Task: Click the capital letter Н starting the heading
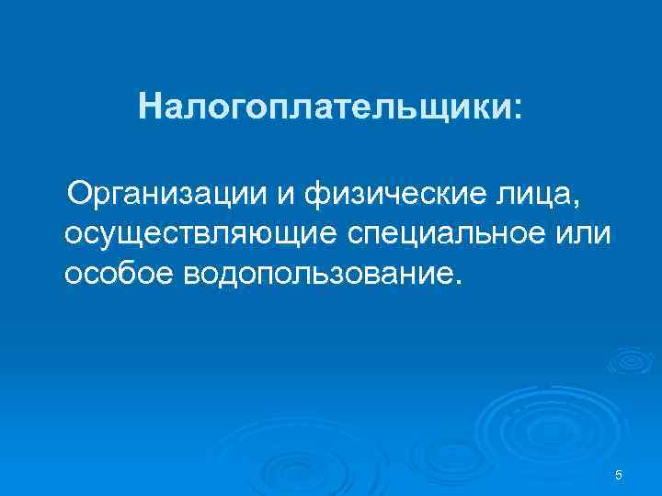tap(150, 107)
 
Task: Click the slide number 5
tap(619, 475)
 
